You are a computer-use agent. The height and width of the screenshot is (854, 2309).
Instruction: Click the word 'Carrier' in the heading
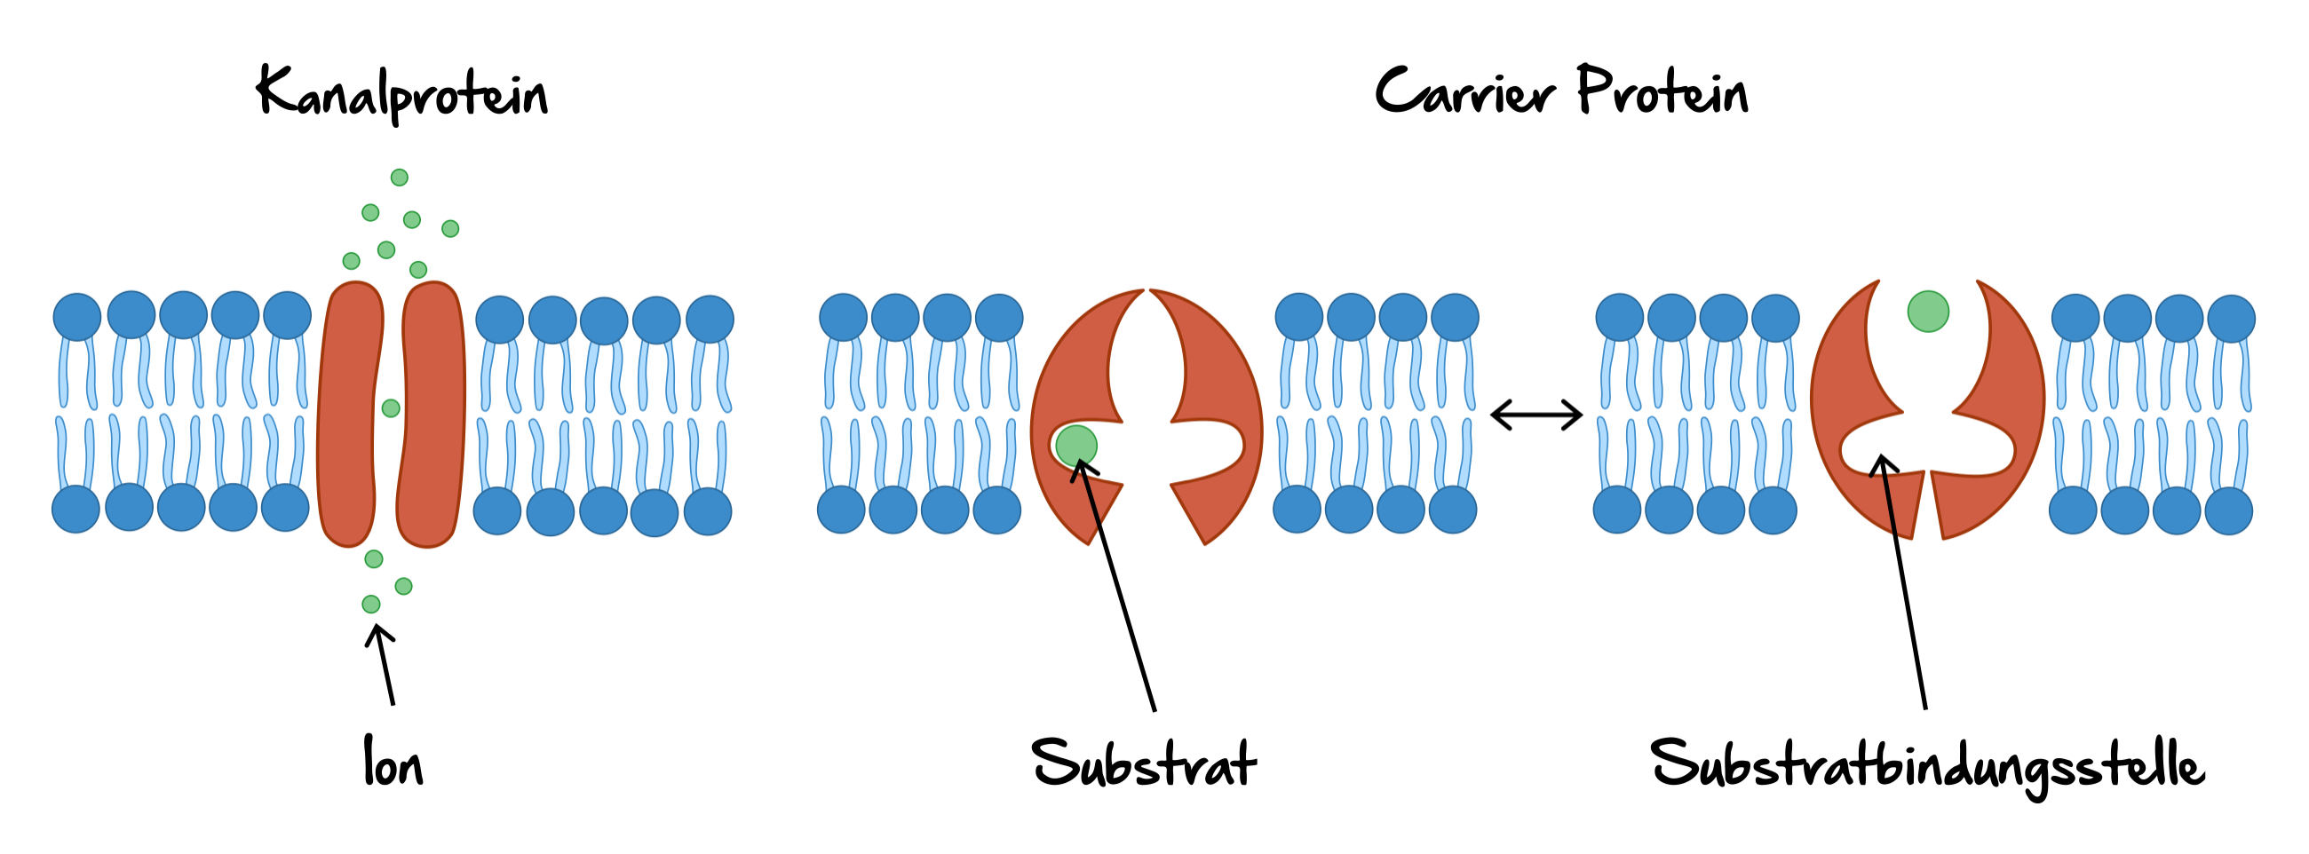click(x=1464, y=91)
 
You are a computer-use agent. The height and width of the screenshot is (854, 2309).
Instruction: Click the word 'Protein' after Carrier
click(x=1662, y=91)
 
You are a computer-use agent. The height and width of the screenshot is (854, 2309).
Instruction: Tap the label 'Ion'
click(x=393, y=763)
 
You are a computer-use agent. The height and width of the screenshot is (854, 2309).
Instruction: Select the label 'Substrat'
click(x=1144, y=763)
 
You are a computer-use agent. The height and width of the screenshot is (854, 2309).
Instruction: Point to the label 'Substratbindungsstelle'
click(x=1927, y=765)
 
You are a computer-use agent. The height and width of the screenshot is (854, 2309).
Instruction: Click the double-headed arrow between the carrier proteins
click(x=1536, y=415)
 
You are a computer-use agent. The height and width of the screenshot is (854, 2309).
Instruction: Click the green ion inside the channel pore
click(x=391, y=408)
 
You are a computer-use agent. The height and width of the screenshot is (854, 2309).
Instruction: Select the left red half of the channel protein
click(x=350, y=412)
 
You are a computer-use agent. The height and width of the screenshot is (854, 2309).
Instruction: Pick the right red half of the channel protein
click(x=432, y=412)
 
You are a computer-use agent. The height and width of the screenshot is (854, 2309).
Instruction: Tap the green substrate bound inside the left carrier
click(x=1075, y=446)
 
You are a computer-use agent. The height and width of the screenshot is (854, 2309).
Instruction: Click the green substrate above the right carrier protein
click(x=1928, y=312)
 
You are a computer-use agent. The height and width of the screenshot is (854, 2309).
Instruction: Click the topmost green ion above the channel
click(x=400, y=178)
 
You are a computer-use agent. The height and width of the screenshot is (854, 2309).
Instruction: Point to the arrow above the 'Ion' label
click(x=384, y=663)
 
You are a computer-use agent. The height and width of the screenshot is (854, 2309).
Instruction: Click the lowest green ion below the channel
click(x=371, y=604)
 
